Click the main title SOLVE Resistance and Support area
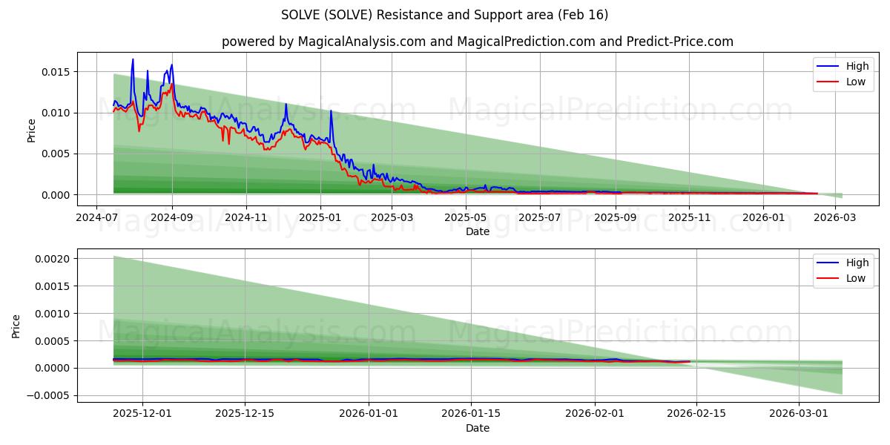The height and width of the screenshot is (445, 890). click(445, 15)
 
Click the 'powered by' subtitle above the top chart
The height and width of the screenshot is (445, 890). click(477, 42)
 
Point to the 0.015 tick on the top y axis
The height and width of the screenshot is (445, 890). click(55, 72)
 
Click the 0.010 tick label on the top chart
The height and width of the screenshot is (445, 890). click(55, 113)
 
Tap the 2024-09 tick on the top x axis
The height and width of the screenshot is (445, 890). click(172, 218)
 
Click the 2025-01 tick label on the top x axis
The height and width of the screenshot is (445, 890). click(320, 218)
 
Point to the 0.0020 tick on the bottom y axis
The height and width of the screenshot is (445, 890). click(52, 259)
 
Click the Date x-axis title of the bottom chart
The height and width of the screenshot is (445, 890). click(477, 428)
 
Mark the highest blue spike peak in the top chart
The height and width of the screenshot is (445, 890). click(133, 59)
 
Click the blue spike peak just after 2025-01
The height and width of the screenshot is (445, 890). click(331, 111)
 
